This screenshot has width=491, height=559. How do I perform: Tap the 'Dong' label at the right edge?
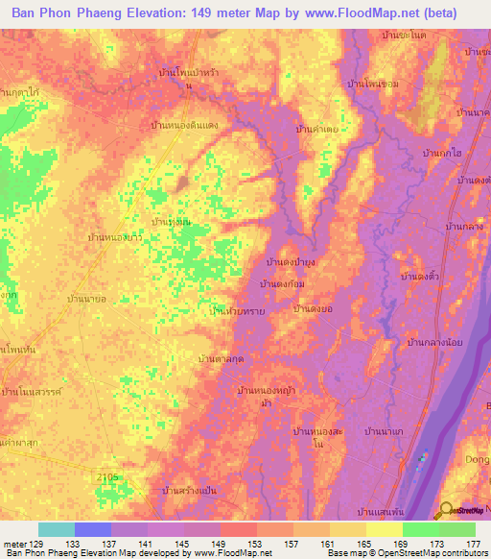pyautogui.click(x=476, y=459)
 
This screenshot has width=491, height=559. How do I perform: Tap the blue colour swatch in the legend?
pyautogui.click(x=92, y=529)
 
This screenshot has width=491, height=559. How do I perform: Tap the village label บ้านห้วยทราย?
pyautogui.click(x=237, y=311)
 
